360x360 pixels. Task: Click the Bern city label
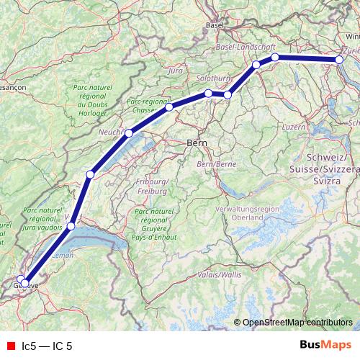coord(197,143)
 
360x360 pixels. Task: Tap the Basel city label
coord(215,24)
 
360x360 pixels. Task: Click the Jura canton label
coord(174,71)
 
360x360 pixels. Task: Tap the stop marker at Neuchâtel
coord(129,133)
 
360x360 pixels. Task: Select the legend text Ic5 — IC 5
coord(47,346)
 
